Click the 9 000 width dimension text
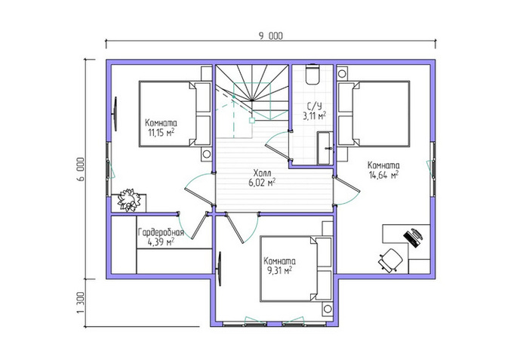(271, 35)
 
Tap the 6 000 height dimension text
(81, 169)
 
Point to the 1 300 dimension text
(81, 303)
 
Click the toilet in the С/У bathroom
(312, 75)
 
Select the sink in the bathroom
(325, 148)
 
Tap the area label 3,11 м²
(315, 116)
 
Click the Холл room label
(262, 173)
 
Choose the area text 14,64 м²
(383, 175)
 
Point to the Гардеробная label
(161, 232)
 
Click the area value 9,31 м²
(278, 270)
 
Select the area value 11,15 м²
(161, 133)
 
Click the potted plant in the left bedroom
(129, 200)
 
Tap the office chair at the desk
(390, 260)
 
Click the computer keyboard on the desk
(411, 238)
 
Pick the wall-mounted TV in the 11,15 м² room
(115, 114)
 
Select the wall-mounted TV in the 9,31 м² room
(219, 269)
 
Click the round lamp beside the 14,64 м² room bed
(342, 73)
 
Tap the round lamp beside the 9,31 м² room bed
(327, 309)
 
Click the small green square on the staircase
(252, 120)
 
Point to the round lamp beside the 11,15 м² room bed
(207, 153)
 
